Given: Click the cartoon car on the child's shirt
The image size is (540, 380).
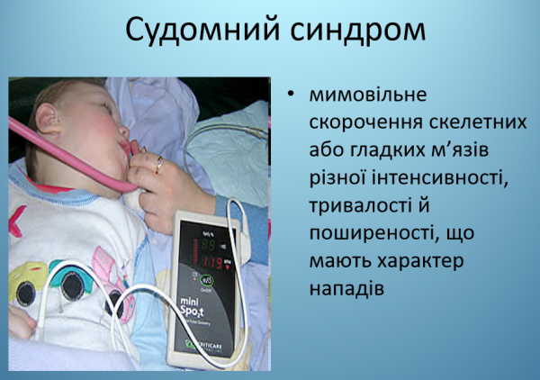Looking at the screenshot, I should pyautogui.click(x=45, y=284).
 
